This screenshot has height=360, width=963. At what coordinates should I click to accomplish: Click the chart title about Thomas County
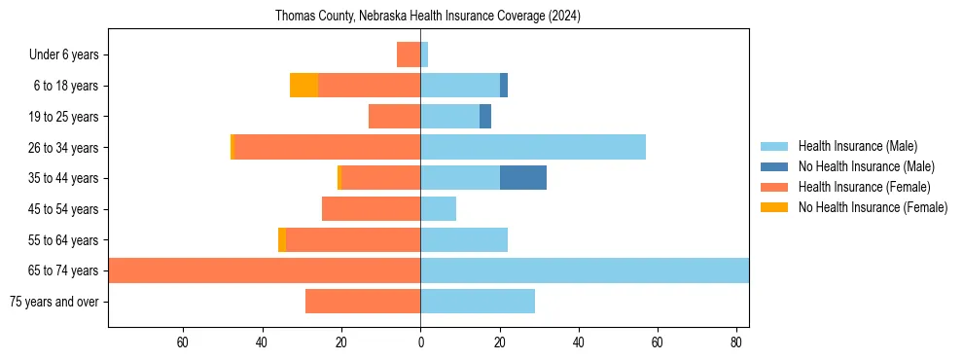428,16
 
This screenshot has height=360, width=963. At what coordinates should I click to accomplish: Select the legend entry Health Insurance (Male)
857,146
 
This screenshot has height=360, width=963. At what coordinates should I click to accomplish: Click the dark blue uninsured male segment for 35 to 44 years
523,178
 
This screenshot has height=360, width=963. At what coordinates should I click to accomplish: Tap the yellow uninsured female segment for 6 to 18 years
303,86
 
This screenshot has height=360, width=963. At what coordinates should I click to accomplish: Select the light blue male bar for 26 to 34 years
533,147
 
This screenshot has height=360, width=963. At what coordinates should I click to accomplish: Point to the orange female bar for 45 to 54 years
371,209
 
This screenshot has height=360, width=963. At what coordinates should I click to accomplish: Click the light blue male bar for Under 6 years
424,54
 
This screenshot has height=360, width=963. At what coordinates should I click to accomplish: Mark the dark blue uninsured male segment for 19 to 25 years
485,117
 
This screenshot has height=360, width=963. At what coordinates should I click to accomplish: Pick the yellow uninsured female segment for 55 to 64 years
282,240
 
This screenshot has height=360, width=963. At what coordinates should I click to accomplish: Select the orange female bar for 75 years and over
363,302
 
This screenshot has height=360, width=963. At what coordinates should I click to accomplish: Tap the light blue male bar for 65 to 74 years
584,270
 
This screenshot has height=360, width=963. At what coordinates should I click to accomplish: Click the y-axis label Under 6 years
70,55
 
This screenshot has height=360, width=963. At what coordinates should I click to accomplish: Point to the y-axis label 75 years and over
54,302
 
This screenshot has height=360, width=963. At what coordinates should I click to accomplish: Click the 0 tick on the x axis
420,342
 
